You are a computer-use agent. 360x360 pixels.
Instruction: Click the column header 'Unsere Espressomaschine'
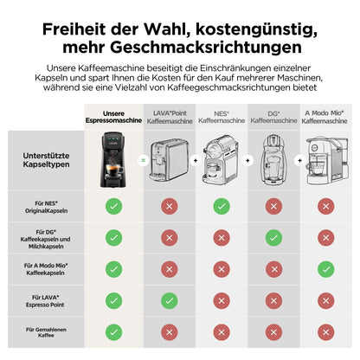click(113, 117)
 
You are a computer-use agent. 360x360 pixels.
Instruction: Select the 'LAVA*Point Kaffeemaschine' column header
click(169, 117)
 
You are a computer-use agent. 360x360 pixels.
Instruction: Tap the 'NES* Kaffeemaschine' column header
click(221, 117)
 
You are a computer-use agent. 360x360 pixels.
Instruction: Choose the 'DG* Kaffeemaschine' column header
click(273, 117)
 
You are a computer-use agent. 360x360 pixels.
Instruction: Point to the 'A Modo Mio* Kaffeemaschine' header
click(325, 117)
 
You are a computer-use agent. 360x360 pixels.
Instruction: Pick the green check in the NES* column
click(221, 206)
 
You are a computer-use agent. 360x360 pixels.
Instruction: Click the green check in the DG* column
click(273, 237)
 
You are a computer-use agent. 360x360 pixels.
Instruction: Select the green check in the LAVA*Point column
click(169, 300)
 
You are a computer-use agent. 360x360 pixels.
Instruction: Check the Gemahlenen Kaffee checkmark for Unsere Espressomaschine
click(113, 331)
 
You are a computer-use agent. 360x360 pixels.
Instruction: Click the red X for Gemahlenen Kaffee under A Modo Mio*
click(325, 331)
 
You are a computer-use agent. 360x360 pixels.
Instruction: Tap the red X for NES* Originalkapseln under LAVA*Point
click(169, 206)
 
